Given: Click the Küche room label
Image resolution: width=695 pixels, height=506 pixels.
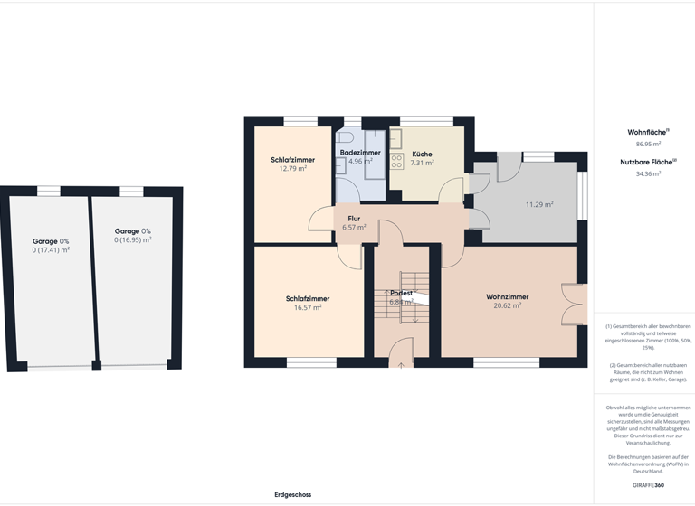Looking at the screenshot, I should coord(422,155).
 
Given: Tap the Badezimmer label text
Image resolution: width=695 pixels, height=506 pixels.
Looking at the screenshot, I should coord(360,153).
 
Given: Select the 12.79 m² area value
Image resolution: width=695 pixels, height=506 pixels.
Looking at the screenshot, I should coord(293,168).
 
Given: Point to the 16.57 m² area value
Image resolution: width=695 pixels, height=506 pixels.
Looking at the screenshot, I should coord(308,307).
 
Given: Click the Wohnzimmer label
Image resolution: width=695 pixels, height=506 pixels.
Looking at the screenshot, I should coord(507,296).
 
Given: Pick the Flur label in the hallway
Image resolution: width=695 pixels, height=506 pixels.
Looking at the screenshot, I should coord(354,219).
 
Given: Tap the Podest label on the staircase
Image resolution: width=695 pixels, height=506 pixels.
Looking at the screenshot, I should coord(401,294).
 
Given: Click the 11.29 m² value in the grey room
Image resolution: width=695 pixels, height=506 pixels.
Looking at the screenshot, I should coord(539,204).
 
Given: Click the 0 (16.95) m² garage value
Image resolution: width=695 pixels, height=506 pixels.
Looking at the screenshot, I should coord(132,240).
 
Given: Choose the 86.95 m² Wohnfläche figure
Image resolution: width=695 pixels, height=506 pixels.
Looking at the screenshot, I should coord(648,144).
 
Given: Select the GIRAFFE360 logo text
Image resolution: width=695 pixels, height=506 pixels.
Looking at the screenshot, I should coord(648,485).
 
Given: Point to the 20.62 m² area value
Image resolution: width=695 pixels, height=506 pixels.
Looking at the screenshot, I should coord(507,305).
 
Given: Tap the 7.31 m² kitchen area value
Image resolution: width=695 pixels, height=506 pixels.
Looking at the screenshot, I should coord(422,164).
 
